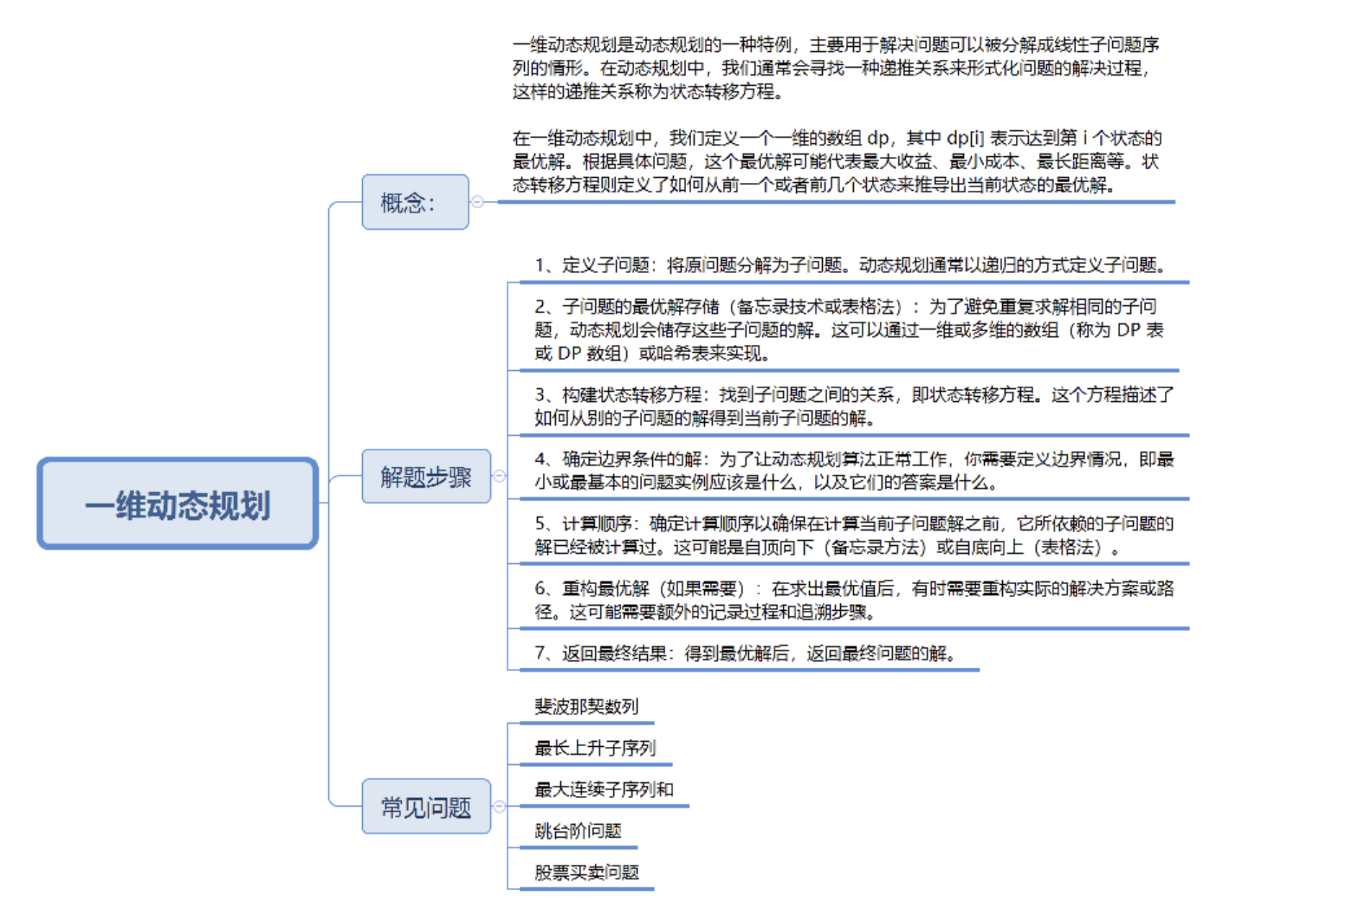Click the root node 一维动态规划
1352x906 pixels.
point(178,503)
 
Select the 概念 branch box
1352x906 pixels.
point(415,202)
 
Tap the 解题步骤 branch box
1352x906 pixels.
point(426,476)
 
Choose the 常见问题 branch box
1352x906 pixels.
point(426,806)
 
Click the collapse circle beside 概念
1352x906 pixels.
point(477,202)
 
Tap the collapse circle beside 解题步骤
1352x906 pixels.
point(500,476)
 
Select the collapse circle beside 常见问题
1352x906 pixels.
point(500,806)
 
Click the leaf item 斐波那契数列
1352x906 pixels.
point(586,707)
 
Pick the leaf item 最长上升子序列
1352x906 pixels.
point(595,748)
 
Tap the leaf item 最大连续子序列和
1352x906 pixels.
point(603,789)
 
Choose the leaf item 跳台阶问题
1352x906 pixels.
point(577,831)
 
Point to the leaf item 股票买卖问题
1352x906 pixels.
point(586,873)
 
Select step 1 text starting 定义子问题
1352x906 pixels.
point(849,265)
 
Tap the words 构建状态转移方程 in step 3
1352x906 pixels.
point(631,395)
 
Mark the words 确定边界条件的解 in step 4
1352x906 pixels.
point(631,459)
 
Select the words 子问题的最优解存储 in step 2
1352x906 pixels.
point(640,307)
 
